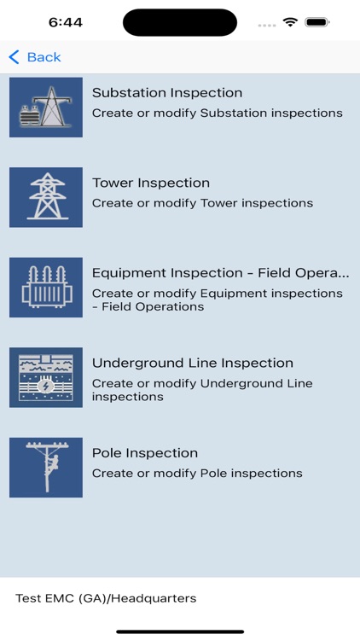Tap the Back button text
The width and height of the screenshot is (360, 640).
(x=44, y=57)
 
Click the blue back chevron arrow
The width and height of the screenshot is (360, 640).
(x=14, y=57)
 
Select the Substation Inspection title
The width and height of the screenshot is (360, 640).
(x=167, y=93)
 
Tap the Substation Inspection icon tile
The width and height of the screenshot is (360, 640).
(x=46, y=108)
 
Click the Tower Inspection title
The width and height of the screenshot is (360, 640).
(x=151, y=183)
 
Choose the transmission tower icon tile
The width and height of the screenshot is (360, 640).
(x=46, y=197)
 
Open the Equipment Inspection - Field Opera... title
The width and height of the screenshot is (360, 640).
(x=220, y=273)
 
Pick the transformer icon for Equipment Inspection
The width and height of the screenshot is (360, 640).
(x=46, y=288)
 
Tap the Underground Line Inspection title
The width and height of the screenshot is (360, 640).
(x=193, y=363)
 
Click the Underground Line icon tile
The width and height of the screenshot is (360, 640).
(x=46, y=377)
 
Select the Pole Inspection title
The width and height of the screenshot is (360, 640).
(x=145, y=453)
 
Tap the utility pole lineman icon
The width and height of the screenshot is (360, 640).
(x=46, y=468)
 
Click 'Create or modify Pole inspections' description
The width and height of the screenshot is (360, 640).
(x=197, y=474)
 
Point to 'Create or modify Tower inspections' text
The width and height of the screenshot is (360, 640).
(x=202, y=203)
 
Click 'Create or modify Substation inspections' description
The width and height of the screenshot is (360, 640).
(x=218, y=113)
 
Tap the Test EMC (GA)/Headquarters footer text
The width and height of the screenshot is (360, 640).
(x=106, y=598)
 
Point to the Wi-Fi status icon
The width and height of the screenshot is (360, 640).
(x=290, y=22)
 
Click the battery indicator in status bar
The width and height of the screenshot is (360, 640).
(x=317, y=22)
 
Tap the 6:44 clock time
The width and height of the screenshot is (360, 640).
(x=66, y=22)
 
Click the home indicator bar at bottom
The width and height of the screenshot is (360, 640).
(x=180, y=631)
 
